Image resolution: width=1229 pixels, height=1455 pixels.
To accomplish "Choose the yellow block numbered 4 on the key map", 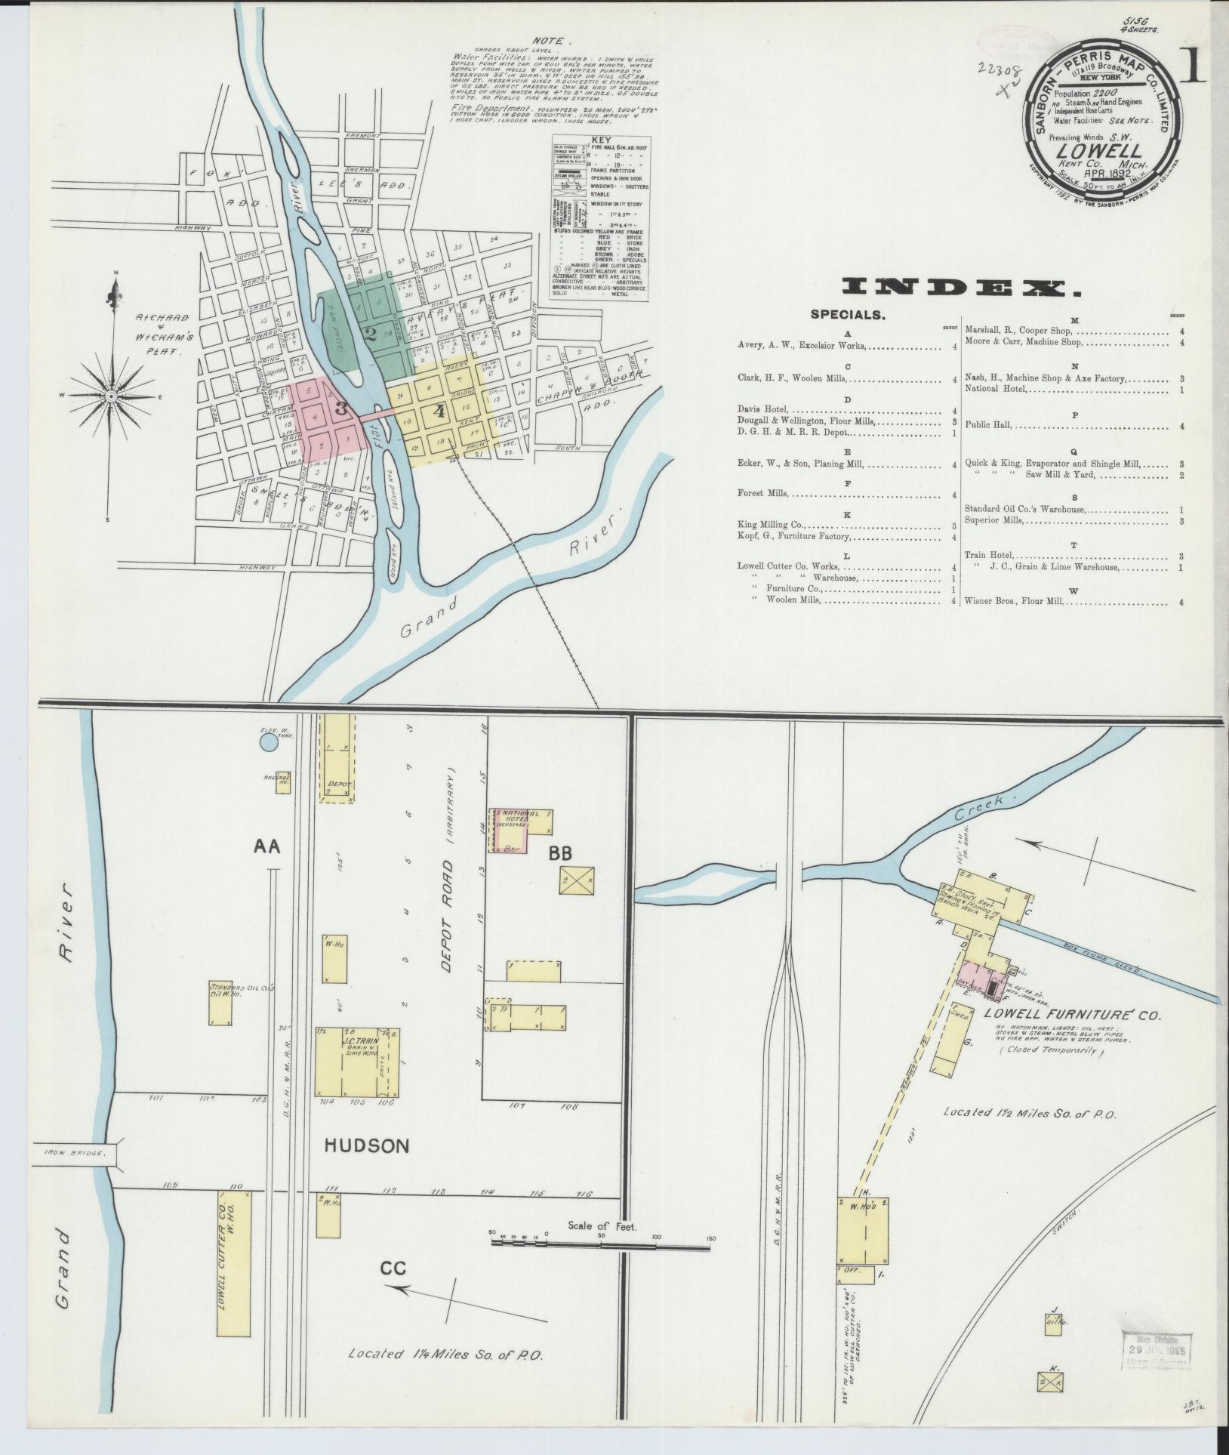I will (439, 412).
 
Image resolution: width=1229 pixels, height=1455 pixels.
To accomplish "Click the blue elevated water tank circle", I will (268, 742).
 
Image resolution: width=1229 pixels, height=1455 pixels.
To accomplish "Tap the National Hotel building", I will (516, 826).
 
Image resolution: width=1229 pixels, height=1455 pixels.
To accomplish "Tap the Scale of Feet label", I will (602, 1226).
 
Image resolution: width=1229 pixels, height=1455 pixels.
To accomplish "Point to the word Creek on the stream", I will (979, 810).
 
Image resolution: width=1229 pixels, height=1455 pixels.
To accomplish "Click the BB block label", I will (560, 853).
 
